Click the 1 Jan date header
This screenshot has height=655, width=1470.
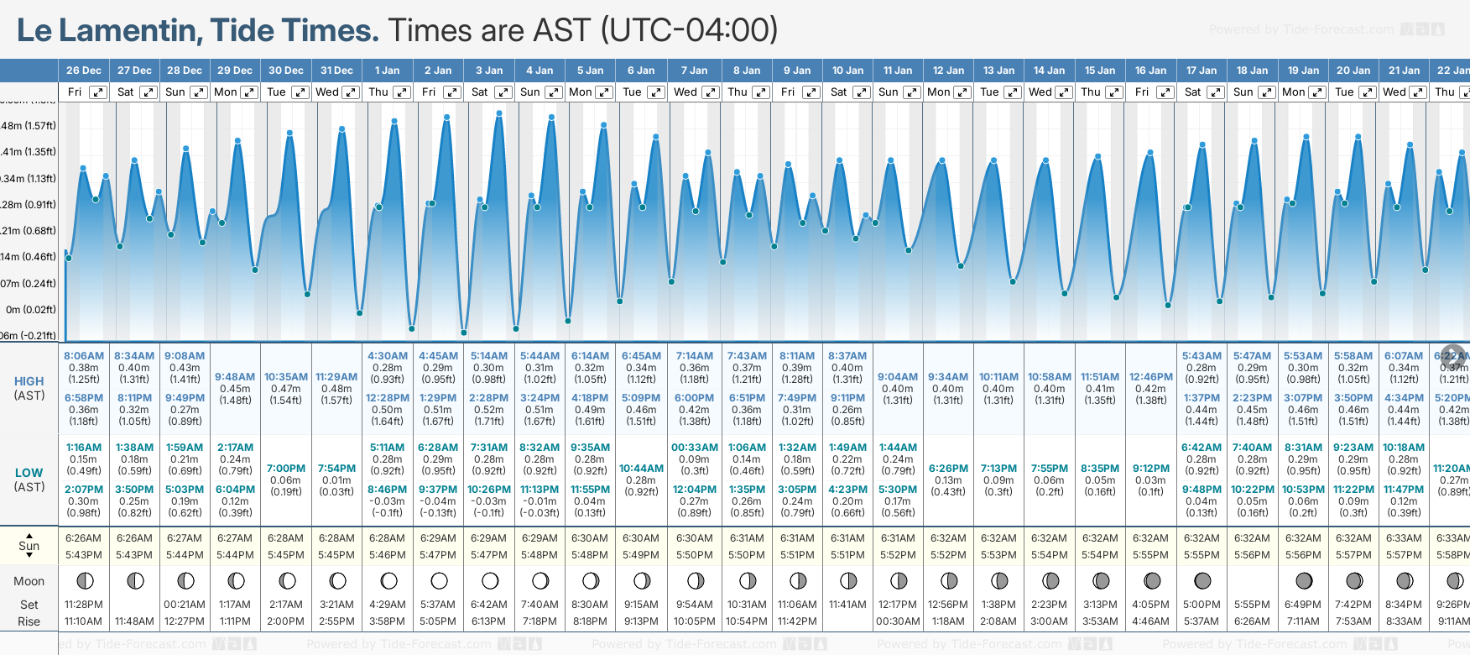(387, 71)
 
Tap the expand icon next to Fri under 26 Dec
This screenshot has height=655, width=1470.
(98, 92)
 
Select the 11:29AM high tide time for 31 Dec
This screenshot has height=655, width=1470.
(336, 377)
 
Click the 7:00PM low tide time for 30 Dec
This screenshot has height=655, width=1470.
(286, 469)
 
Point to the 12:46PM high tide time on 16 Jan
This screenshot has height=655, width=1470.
(1150, 377)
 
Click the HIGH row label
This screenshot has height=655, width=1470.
(29, 381)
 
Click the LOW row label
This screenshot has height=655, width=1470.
(29, 473)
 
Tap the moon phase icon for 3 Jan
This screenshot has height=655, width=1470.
(490, 580)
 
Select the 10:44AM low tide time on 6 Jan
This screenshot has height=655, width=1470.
(641, 469)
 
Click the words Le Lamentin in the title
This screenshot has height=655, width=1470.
(107, 31)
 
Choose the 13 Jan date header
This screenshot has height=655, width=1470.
(999, 71)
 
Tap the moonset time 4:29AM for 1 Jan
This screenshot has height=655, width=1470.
(387, 605)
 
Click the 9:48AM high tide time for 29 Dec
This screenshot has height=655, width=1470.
(235, 377)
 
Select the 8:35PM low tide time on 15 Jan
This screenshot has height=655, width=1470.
(1100, 469)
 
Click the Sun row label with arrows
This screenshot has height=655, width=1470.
(29, 546)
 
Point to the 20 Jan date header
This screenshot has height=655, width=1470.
(1353, 71)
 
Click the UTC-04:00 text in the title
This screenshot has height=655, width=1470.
(689, 31)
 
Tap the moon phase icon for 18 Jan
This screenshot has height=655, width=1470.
(1253, 580)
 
